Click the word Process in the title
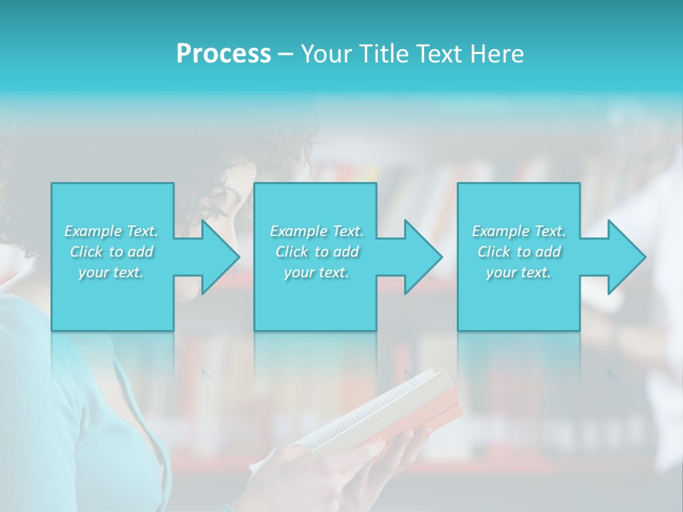pyautogui.click(x=223, y=54)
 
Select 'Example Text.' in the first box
pyautogui.click(x=111, y=231)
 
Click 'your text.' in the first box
pyautogui.click(x=111, y=272)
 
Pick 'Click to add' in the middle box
pyautogui.click(x=317, y=252)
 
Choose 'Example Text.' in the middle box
pyautogui.click(x=317, y=231)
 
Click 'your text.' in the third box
pyautogui.click(x=519, y=272)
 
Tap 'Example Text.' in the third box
pyautogui.click(x=519, y=231)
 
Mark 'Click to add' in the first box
pyautogui.click(x=111, y=252)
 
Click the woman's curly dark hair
pyautogui.click(x=277, y=142)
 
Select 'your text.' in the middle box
pyautogui.click(x=317, y=272)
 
